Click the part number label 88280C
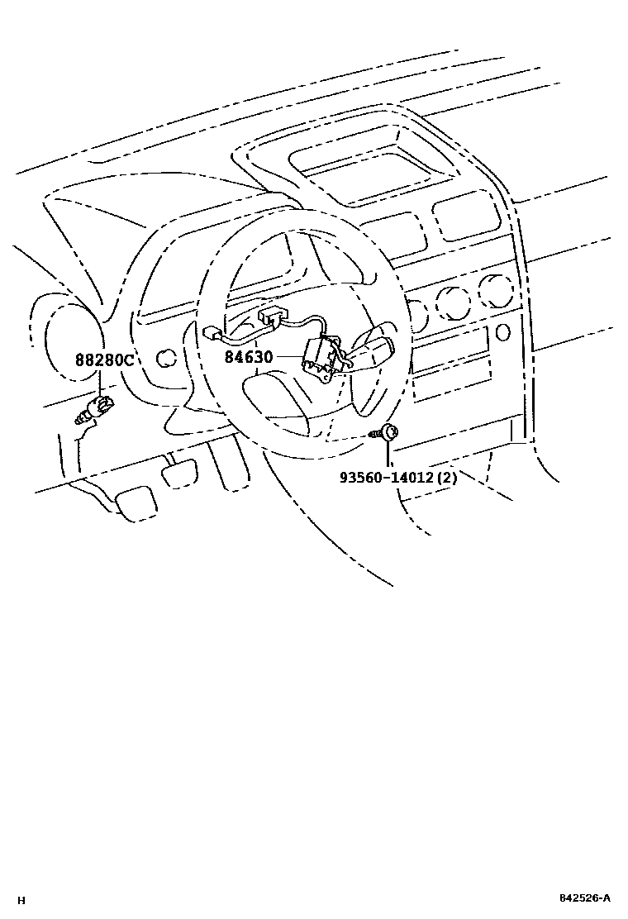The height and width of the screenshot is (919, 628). tap(104, 361)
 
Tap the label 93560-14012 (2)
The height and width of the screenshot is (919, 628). tap(397, 477)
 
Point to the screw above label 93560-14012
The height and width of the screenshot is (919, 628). tap(388, 431)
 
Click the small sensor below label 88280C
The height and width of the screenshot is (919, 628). tap(96, 410)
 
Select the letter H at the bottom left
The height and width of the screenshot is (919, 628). tap(21, 900)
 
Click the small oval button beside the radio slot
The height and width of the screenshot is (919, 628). tap(503, 331)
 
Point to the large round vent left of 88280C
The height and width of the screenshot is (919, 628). tap(69, 340)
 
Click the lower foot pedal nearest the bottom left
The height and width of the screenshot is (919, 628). tap(134, 502)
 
